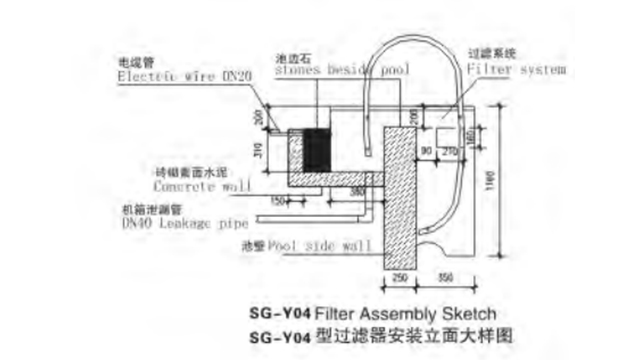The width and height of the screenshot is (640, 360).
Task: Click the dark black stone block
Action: coord(319,149)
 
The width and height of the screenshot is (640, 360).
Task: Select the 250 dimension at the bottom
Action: coord(399,276)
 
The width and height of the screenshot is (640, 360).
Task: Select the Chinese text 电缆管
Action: coord(133,61)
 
